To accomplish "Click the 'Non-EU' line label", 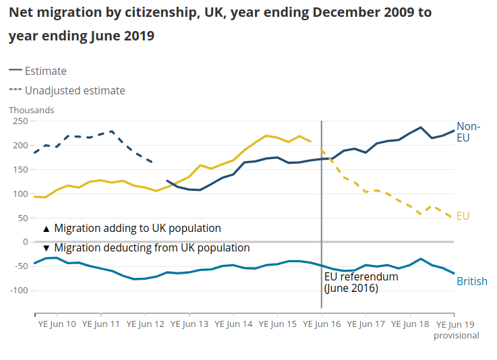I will (x=469, y=131).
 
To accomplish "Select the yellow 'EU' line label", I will (x=463, y=216).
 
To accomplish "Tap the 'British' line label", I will (x=472, y=281).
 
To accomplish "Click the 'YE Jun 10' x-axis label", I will (x=57, y=324).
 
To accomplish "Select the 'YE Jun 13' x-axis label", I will (x=189, y=324).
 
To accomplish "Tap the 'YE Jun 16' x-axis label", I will (x=322, y=324).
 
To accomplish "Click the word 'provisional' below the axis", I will (x=456, y=335).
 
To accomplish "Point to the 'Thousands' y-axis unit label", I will (x=32, y=110).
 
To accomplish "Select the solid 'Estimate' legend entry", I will (x=38, y=71).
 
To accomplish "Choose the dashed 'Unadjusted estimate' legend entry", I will (x=67, y=90).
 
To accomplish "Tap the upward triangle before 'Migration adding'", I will (x=46, y=229).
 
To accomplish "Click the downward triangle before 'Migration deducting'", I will (x=46, y=248).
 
